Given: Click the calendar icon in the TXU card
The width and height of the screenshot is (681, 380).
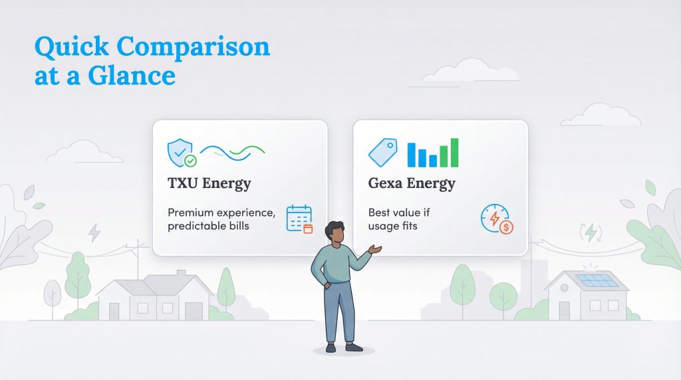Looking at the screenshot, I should point(299,219).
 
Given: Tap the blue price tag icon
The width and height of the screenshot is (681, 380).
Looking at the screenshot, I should point(382,153).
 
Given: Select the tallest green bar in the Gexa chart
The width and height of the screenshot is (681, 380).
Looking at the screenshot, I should point(454,152).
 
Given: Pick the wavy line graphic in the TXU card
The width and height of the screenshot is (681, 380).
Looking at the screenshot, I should point(232,152).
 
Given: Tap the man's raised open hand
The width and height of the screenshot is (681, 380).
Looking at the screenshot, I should point(376,250).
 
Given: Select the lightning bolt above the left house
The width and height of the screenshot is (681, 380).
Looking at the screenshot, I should point(94,232).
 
